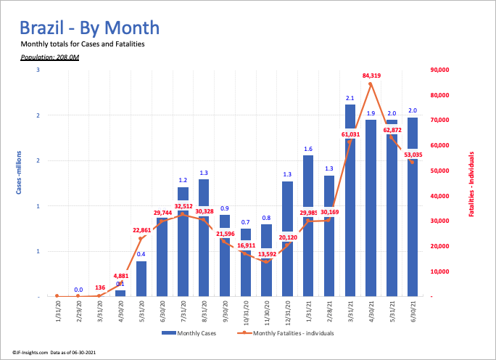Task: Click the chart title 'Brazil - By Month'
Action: pyautogui.click(x=89, y=28)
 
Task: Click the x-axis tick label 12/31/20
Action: pyautogui.click(x=288, y=314)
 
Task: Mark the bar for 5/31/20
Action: pyautogui.click(x=141, y=279)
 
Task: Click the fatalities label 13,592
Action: pyautogui.click(x=267, y=255)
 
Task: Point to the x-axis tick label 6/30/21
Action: pyautogui.click(x=412, y=314)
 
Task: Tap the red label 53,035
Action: pyautogui.click(x=414, y=154)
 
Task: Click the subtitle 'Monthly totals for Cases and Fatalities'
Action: pyautogui.click(x=83, y=44)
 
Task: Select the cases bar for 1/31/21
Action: pyautogui.click(x=308, y=226)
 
